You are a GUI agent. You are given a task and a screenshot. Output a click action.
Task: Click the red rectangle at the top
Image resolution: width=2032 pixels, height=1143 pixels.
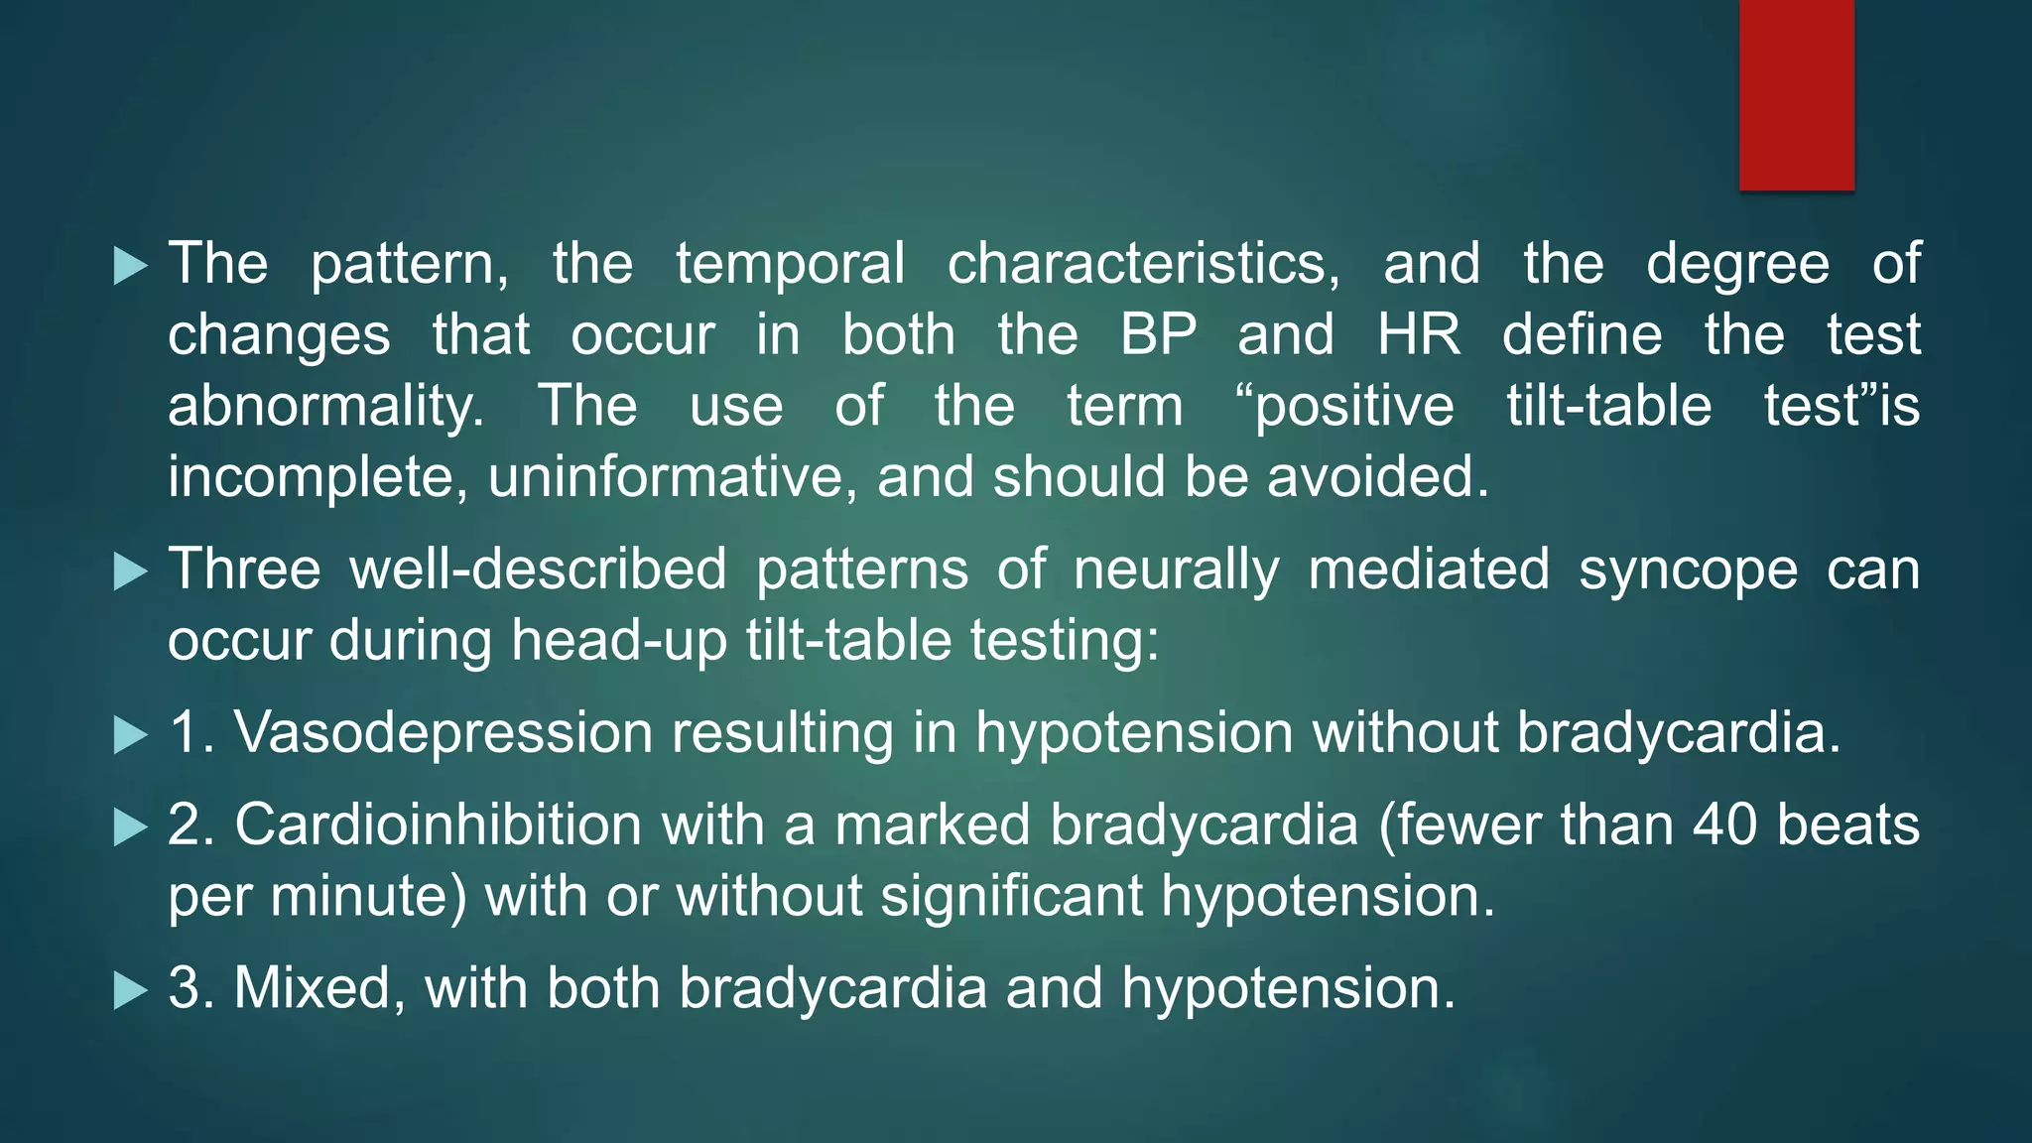click(1796, 94)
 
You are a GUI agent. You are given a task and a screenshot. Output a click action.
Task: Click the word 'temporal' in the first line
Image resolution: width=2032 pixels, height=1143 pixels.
click(790, 264)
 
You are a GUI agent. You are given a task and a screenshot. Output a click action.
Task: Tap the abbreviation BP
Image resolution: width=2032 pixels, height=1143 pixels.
click(1158, 335)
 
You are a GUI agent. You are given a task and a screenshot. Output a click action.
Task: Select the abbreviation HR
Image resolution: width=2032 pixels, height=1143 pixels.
click(1418, 335)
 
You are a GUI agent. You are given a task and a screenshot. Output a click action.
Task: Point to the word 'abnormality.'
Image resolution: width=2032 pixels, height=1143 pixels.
click(326, 408)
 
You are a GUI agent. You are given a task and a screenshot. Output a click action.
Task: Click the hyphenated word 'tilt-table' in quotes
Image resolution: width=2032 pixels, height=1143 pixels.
click(1608, 407)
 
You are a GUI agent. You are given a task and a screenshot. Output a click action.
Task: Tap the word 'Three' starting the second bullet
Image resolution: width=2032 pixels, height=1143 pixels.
click(244, 570)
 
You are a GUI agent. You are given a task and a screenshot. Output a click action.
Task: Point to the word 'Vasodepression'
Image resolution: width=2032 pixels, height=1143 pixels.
click(443, 733)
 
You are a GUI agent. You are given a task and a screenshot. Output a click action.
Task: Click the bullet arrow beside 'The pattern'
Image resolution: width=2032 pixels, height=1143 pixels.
click(130, 266)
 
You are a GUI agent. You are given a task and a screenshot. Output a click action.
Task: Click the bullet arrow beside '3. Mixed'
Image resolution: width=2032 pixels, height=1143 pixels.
click(130, 990)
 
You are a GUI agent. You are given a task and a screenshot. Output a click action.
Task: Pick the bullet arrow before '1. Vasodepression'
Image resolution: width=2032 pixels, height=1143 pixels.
click(130, 735)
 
